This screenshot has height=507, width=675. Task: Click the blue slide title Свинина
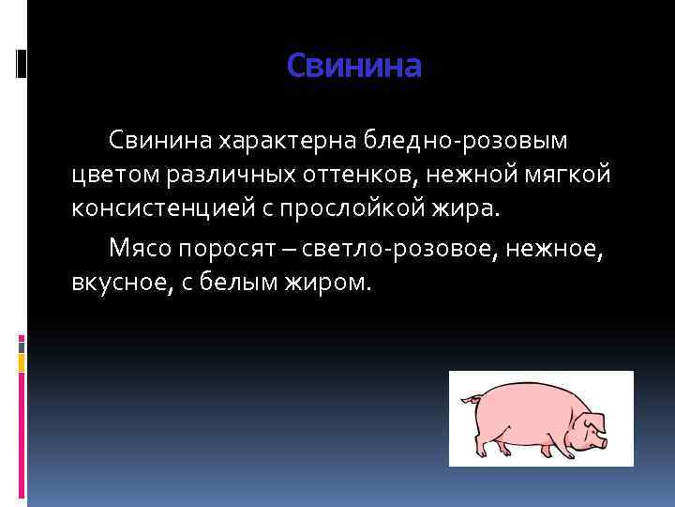pyautogui.click(x=354, y=66)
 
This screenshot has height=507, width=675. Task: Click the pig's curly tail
pyautogui.click(x=468, y=402)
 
